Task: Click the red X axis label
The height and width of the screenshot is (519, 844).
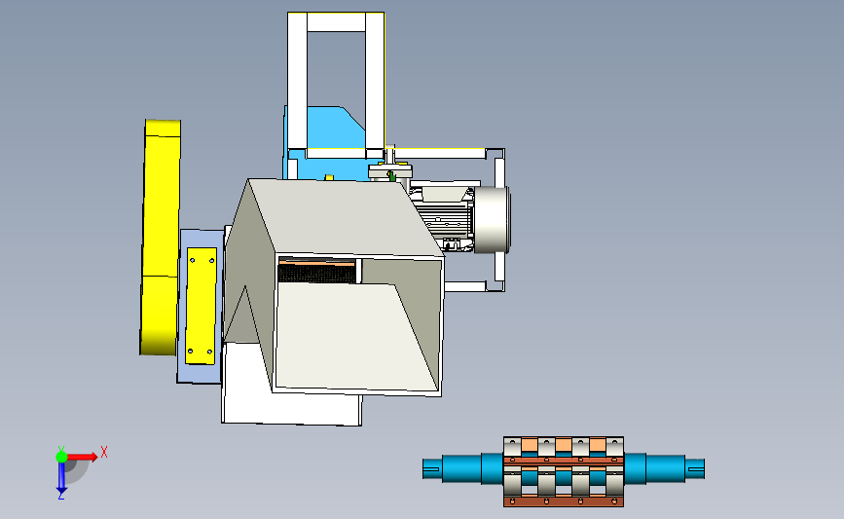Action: pos(104,452)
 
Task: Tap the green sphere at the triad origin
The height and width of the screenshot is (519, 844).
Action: pos(61,457)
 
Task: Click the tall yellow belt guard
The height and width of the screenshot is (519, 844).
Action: pos(161,237)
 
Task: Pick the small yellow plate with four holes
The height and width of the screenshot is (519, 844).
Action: pos(202,305)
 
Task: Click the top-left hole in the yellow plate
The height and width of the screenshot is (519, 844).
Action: pos(193,261)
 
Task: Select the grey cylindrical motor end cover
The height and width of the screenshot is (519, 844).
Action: pos(492,220)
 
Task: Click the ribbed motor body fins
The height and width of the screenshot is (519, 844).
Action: pos(445,218)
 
